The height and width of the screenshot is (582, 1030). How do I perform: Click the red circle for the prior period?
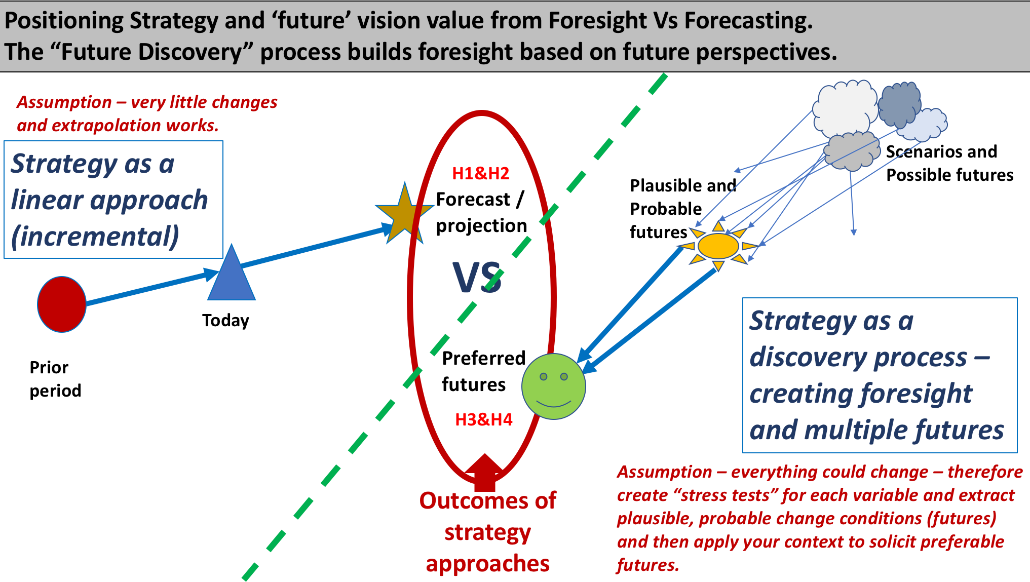point(62,304)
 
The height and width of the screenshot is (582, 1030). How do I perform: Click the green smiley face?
point(554,386)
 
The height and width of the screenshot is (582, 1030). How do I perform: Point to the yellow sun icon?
point(718,247)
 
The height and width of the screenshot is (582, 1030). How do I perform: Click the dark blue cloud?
point(899,105)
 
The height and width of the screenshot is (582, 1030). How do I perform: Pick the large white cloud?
point(845,108)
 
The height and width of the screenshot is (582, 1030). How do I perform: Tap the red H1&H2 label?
point(481,174)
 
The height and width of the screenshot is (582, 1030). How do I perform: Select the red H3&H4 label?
point(484,419)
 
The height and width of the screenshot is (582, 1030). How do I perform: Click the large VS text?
point(477,278)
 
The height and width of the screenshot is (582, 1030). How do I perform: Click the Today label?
point(225,321)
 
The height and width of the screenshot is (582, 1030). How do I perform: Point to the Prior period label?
point(55,379)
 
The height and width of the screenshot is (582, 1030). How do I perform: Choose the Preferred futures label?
point(484,371)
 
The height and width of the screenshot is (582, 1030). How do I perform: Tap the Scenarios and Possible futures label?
point(950,163)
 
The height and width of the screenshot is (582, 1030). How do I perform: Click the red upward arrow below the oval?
point(485,473)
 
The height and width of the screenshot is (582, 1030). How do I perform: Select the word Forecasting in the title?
point(749,20)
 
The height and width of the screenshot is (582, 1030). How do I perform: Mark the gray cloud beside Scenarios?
point(852,150)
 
